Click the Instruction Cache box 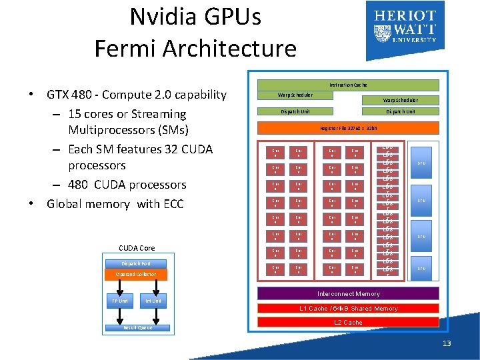(347, 85)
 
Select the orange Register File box (349, 127)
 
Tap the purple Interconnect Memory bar (349, 293)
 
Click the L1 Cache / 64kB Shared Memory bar (349, 308)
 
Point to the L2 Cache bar (349, 322)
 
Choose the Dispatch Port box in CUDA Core (136, 263)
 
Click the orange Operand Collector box (136, 274)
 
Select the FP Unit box (119, 301)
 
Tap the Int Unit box (153, 301)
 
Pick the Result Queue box (137, 327)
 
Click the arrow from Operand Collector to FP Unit (119, 287)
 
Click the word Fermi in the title (127, 48)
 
